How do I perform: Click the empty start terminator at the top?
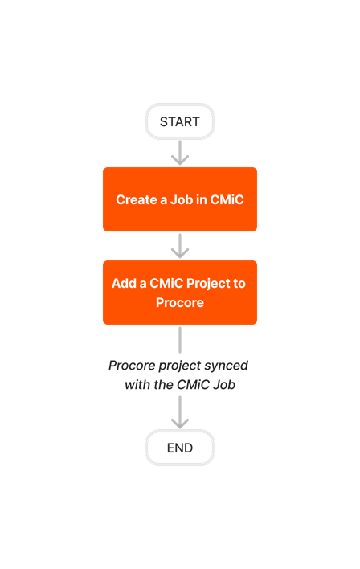point(180,121)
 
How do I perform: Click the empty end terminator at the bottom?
point(180,448)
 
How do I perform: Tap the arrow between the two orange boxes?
point(180,246)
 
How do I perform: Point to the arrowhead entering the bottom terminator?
point(180,422)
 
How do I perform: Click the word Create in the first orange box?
point(136,199)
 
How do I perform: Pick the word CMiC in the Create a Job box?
point(227,199)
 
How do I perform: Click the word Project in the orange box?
point(207,284)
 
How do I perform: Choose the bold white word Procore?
point(180,303)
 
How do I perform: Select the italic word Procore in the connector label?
point(132,366)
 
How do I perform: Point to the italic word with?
point(138,385)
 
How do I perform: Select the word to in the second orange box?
point(239,284)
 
